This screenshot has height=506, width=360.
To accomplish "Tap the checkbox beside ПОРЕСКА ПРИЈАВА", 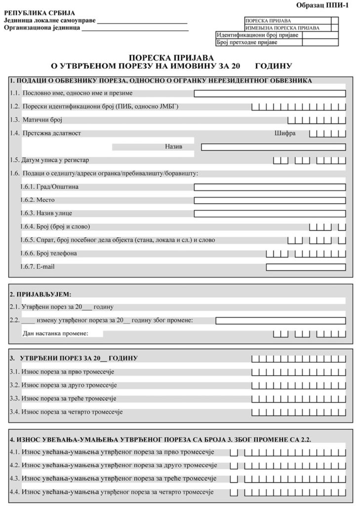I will point(334,21).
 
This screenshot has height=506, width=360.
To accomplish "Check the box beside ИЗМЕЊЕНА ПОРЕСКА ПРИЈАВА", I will point(334,28).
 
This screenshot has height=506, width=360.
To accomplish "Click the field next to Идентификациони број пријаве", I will point(320,35).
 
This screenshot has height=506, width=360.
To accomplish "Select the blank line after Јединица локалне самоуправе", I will point(143,22).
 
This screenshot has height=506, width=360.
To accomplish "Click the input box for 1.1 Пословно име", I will point(270,93).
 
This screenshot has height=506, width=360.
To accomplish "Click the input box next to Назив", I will point(273,147).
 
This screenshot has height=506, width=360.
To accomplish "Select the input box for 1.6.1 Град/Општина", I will point(270,187).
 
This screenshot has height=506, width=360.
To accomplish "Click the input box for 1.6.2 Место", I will point(270,201).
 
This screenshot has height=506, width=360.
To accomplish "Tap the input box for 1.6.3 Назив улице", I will point(270,214).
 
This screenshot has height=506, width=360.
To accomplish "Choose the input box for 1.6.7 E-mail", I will point(306,267).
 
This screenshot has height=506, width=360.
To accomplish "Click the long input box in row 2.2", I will point(280,320).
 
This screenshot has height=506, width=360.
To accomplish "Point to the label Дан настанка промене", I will point(55,334).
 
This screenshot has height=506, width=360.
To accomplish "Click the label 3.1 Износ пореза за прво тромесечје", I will point(65,372).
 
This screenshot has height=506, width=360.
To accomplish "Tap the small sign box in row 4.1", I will point(234,452).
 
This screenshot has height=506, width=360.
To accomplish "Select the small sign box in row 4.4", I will point(234,493).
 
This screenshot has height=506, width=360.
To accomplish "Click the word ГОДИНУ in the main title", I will point(274,65).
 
